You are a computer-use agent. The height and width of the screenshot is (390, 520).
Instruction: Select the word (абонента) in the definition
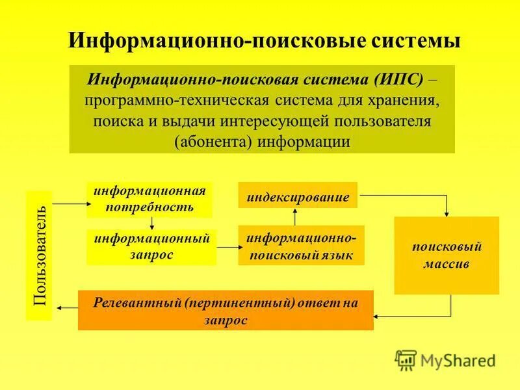click(215, 141)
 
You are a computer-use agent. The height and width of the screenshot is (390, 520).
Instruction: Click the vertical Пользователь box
click(39, 255)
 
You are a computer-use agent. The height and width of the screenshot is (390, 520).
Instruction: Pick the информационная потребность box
click(149, 200)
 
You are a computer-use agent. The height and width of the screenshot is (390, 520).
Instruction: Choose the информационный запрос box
click(151, 247)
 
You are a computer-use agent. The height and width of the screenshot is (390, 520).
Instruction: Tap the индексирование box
click(298, 196)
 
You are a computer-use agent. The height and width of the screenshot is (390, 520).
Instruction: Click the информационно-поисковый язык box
click(301, 246)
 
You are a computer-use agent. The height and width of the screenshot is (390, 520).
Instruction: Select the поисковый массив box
click(446, 255)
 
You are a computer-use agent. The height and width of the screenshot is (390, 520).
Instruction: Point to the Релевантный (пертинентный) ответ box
click(226, 310)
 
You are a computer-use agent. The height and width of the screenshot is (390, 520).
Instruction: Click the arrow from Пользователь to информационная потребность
click(69, 203)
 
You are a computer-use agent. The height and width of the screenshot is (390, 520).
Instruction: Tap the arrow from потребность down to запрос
click(151, 223)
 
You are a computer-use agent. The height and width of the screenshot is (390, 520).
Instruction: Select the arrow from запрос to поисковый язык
click(227, 247)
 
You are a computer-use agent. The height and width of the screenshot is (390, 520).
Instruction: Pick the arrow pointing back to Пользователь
click(65, 307)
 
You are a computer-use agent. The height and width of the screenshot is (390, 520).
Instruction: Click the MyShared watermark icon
click(406, 359)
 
